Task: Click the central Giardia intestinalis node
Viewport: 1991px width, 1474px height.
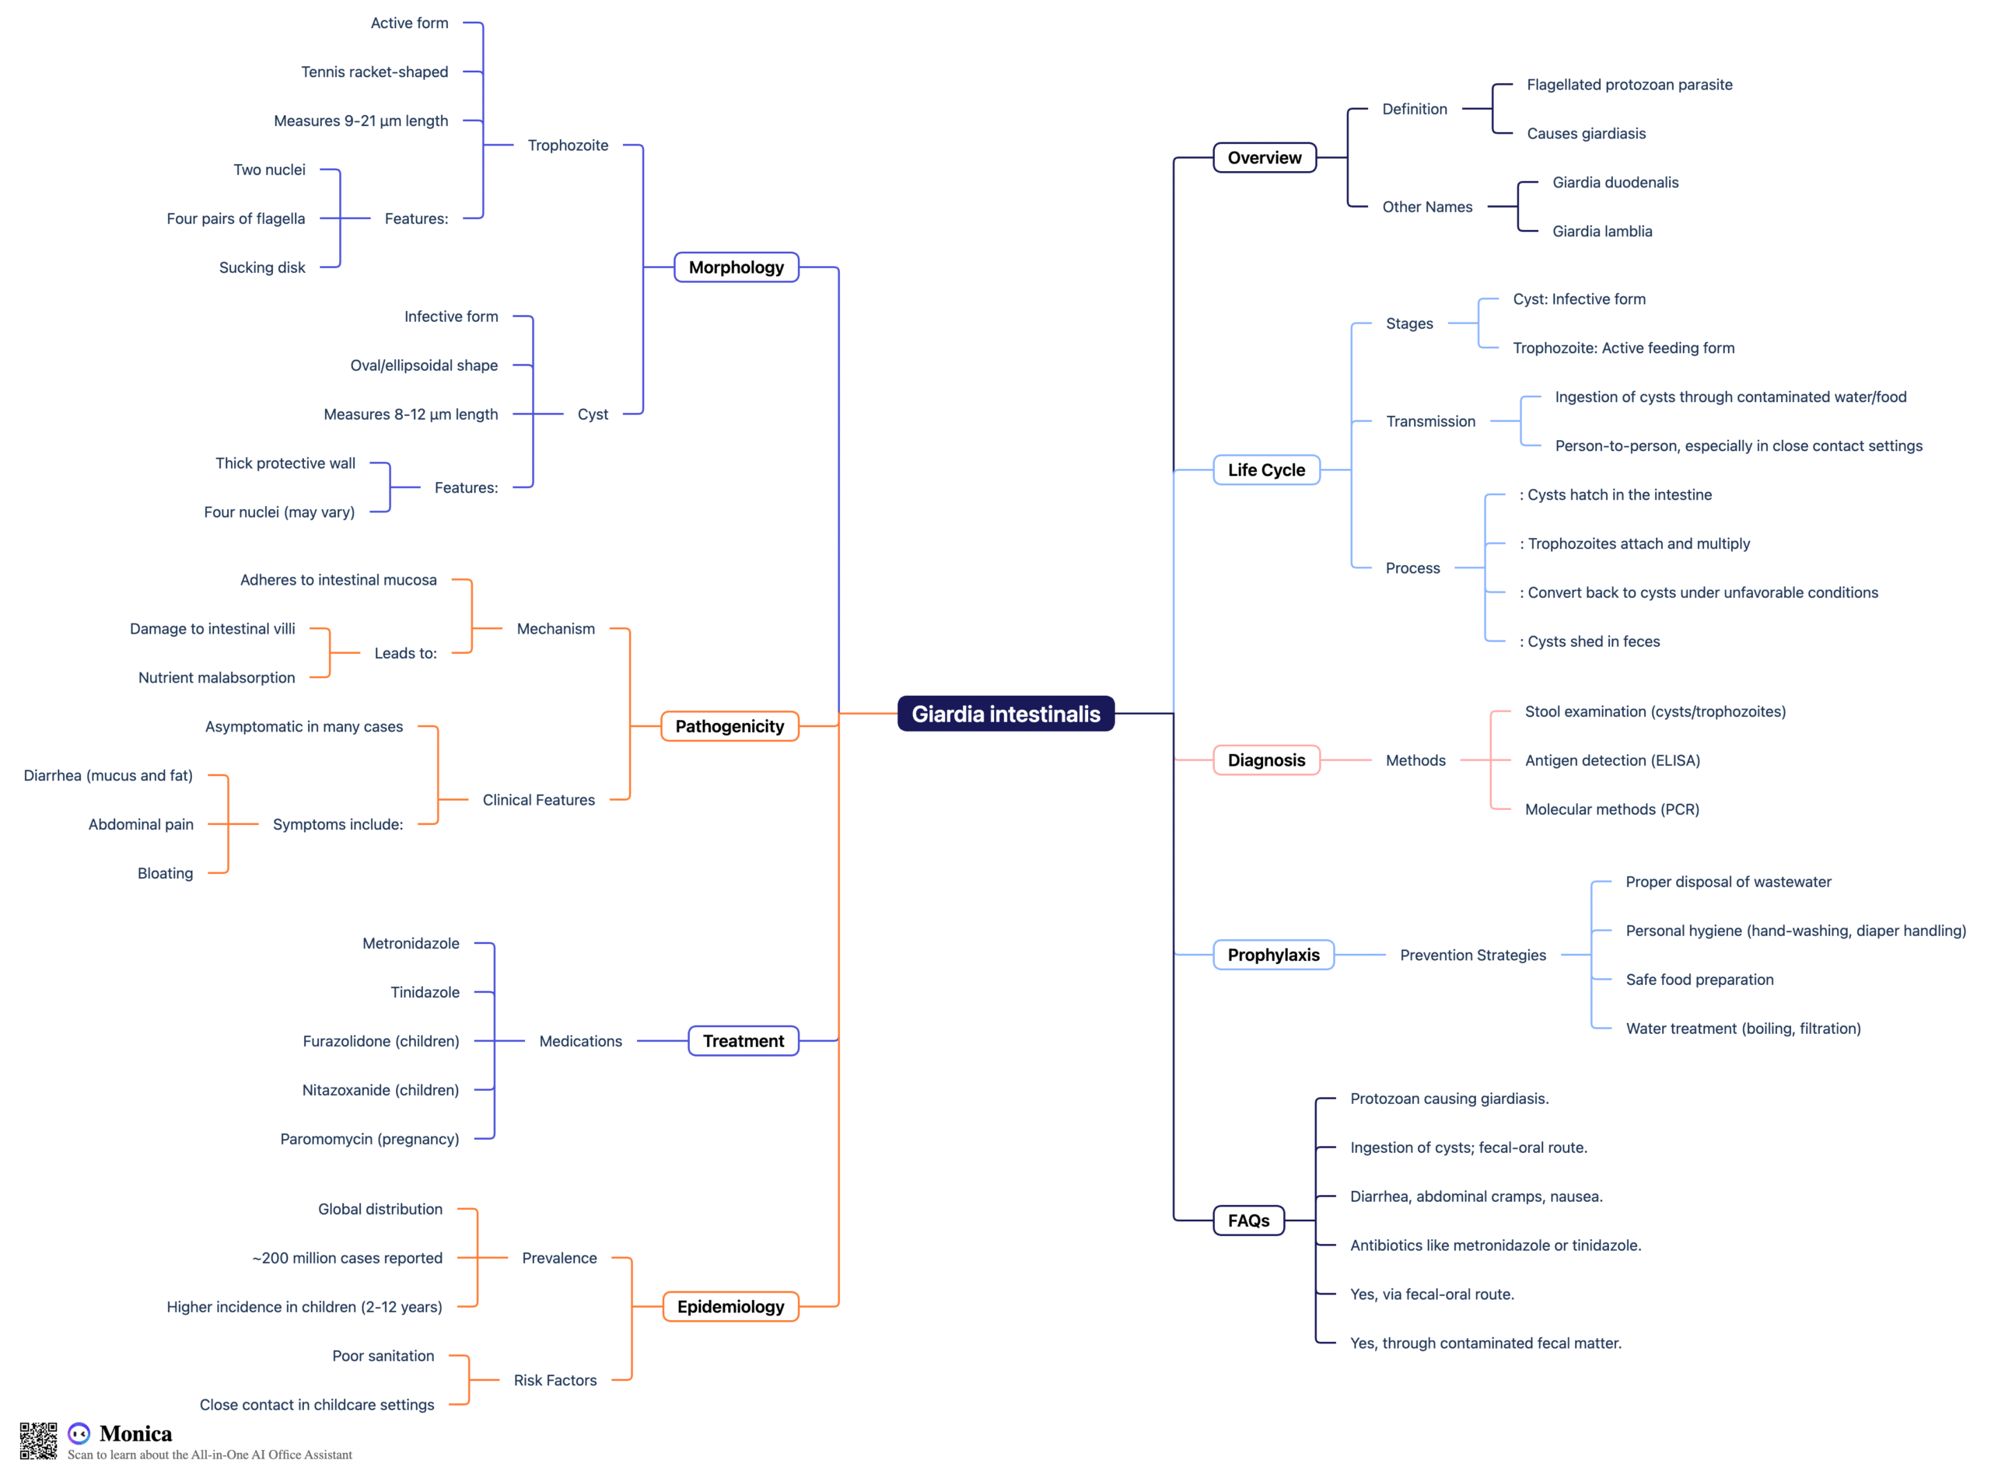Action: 1006,714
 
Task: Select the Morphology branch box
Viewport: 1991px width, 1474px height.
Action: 737,267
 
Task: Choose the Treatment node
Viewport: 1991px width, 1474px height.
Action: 744,1040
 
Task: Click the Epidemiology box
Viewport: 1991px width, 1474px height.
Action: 730,1306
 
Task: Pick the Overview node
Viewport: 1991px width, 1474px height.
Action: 1265,158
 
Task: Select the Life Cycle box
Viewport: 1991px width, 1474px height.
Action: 1266,470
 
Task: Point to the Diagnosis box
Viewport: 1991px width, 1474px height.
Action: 1266,760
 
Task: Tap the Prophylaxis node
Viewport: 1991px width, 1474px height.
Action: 1273,955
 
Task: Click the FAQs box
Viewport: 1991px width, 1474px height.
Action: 1248,1221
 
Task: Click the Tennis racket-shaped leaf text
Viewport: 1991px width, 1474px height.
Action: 375,72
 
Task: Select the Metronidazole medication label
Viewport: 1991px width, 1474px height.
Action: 411,943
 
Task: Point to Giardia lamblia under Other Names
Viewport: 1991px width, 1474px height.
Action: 1602,231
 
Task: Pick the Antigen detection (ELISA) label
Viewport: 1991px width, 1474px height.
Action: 1611,760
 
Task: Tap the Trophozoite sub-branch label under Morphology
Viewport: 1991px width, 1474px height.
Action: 568,145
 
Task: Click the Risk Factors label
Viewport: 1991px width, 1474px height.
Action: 555,1380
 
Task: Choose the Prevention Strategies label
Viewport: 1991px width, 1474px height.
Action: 1472,955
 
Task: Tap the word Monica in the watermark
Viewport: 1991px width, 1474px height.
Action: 135,1433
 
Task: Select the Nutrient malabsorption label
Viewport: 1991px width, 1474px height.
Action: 216,677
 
